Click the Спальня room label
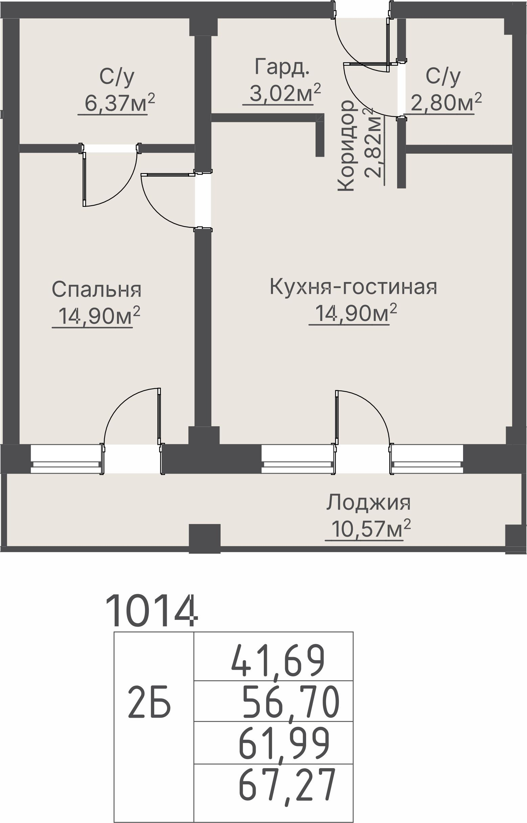pyautogui.click(x=96, y=290)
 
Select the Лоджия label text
pyautogui.click(x=368, y=503)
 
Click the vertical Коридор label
pyautogui.click(x=346, y=146)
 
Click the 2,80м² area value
pyautogui.click(x=446, y=101)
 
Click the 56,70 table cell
pyautogui.click(x=291, y=703)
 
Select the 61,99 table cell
pyautogui.click(x=284, y=744)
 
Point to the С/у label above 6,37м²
pyautogui.click(x=117, y=77)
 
